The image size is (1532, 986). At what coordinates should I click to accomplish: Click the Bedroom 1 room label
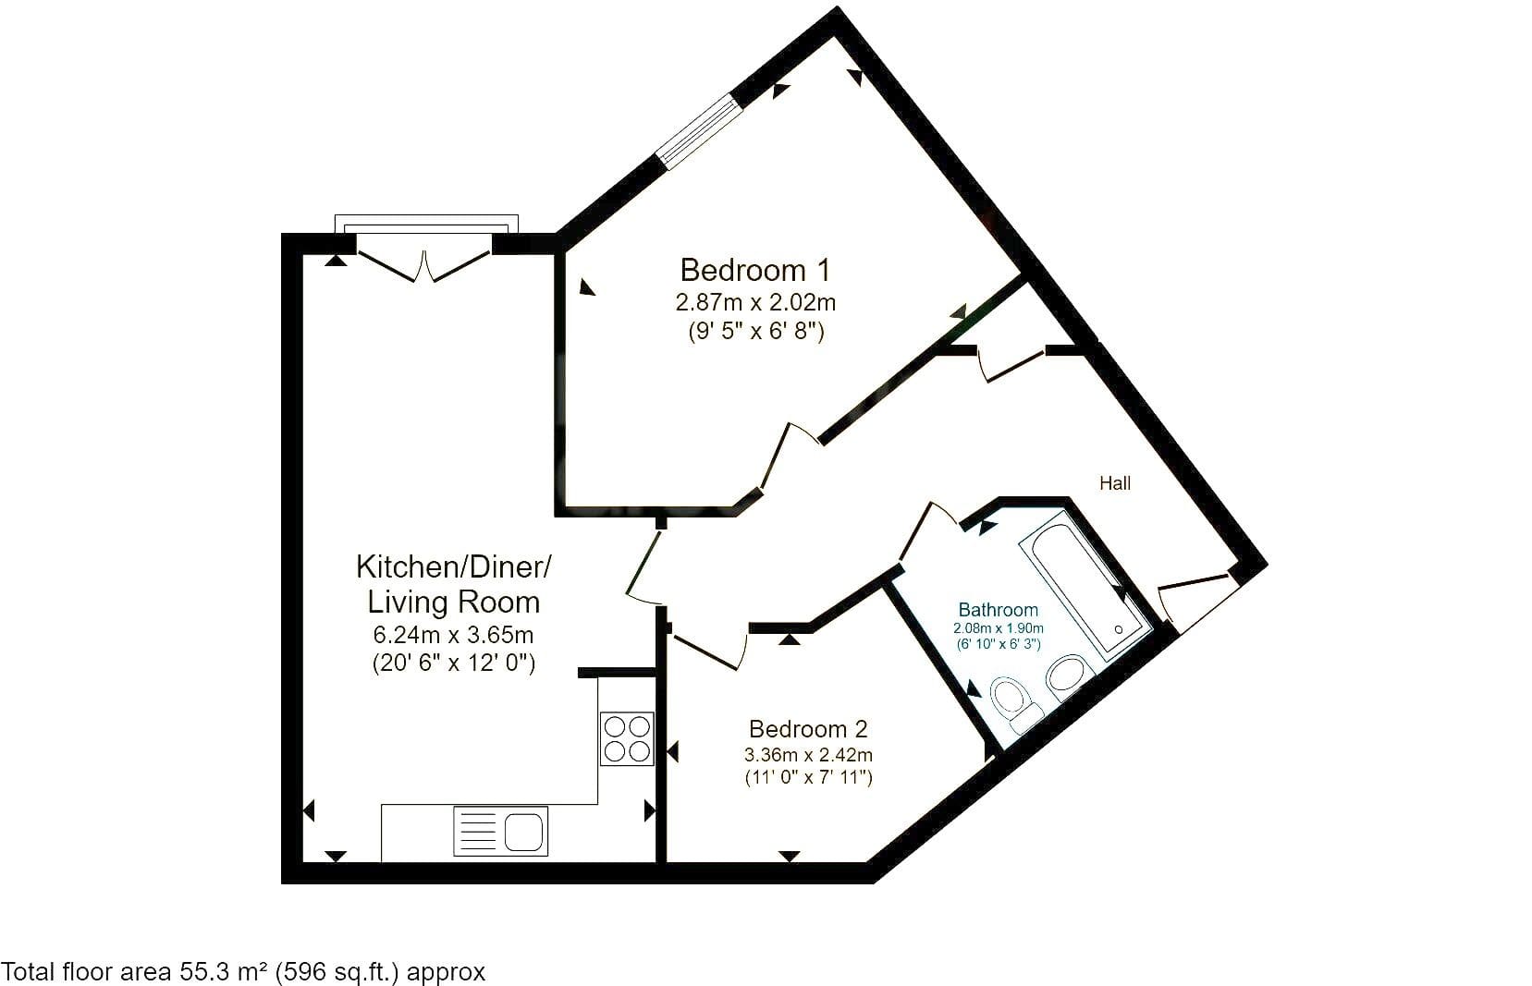click(x=755, y=270)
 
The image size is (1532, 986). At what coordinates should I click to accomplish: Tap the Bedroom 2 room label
click(x=808, y=729)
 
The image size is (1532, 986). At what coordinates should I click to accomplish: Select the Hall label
click(x=1115, y=483)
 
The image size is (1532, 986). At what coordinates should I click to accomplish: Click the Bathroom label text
click(x=998, y=609)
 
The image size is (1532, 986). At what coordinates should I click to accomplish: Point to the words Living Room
click(x=453, y=602)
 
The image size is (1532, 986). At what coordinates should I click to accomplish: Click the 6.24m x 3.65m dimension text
click(x=453, y=635)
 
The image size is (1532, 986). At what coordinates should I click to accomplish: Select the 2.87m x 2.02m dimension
click(x=755, y=302)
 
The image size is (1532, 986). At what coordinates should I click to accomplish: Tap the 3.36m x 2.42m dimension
click(x=808, y=755)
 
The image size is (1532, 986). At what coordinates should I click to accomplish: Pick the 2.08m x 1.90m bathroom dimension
click(x=999, y=627)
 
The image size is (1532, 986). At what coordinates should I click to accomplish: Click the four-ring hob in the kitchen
click(x=627, y=738)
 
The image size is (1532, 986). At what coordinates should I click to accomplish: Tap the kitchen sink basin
click(x=524, y=832)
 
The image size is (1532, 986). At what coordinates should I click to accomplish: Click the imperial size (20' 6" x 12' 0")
click(x=453, y=663)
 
